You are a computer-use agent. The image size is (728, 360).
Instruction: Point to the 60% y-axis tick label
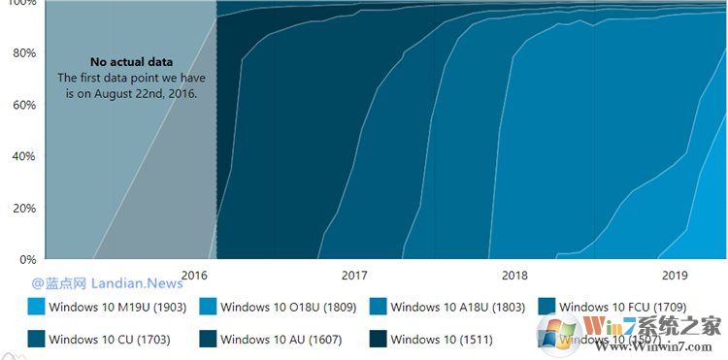pyautogui.click(x=22, y=105)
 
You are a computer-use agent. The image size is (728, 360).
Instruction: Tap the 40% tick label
pyautogui.click(x=22, y=156)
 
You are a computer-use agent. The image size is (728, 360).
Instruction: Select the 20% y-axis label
pyautogui.click(x=22, y=208)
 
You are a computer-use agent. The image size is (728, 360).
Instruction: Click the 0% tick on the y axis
pyautogui.click(x=26, y=259)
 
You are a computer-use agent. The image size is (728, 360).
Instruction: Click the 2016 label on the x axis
pyautogui.click(x=194, y=276)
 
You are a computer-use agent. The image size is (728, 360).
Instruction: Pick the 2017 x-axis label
pyautogui.click(x=354, y=276)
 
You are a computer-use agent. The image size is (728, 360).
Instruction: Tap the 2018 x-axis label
pyautogui.click(x=514, y=276)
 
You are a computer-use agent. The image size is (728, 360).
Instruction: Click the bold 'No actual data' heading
pyautogui.click(x=132, y=62)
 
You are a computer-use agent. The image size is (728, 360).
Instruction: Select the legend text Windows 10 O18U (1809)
pyautogui.click(x=288, y=308)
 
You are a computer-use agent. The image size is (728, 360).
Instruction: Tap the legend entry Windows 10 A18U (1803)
pyautogui.click(x=457, y=308)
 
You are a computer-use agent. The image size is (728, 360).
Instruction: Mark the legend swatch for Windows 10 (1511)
pyautogui.click(x=377, y=340)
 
